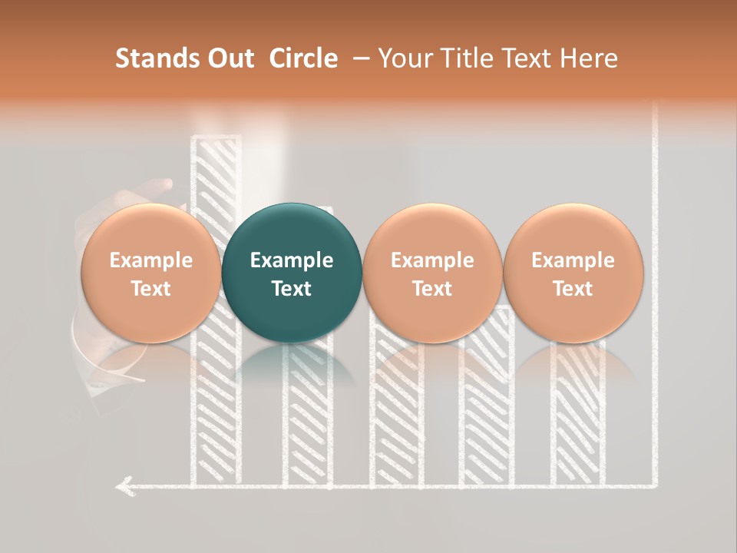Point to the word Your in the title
tap(403, 58)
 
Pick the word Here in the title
tap(590, 58)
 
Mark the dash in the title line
tap(359, 58)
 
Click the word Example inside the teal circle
tap(292, 260)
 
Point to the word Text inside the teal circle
tap(292, 289)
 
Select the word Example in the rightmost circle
tap(573, 260)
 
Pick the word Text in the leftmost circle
tap(150, 289)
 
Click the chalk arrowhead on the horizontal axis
tap(123, 485)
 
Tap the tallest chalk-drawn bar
tap(215, 407)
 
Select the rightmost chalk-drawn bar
tap(577, 415)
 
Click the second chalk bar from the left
tap(307, 415)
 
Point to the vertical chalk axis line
tap(656, 307)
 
